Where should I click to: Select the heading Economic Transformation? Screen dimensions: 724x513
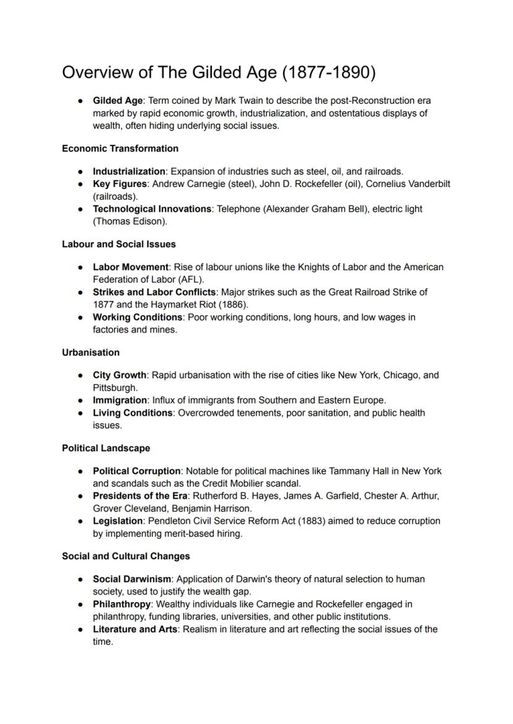(x=120, y=149)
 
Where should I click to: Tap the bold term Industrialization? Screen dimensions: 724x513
(x=129, y=171)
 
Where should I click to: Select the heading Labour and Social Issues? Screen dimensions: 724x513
(x=119, y=244)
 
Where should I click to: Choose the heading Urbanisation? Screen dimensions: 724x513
(x=91, y=352)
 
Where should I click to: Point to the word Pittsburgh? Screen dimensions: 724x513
(x=115, y=388)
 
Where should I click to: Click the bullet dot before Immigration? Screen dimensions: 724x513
(x=81, y=400)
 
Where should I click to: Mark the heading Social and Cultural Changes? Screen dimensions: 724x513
(x=126, y=556)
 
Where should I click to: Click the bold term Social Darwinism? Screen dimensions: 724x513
(x=132, y=579)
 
